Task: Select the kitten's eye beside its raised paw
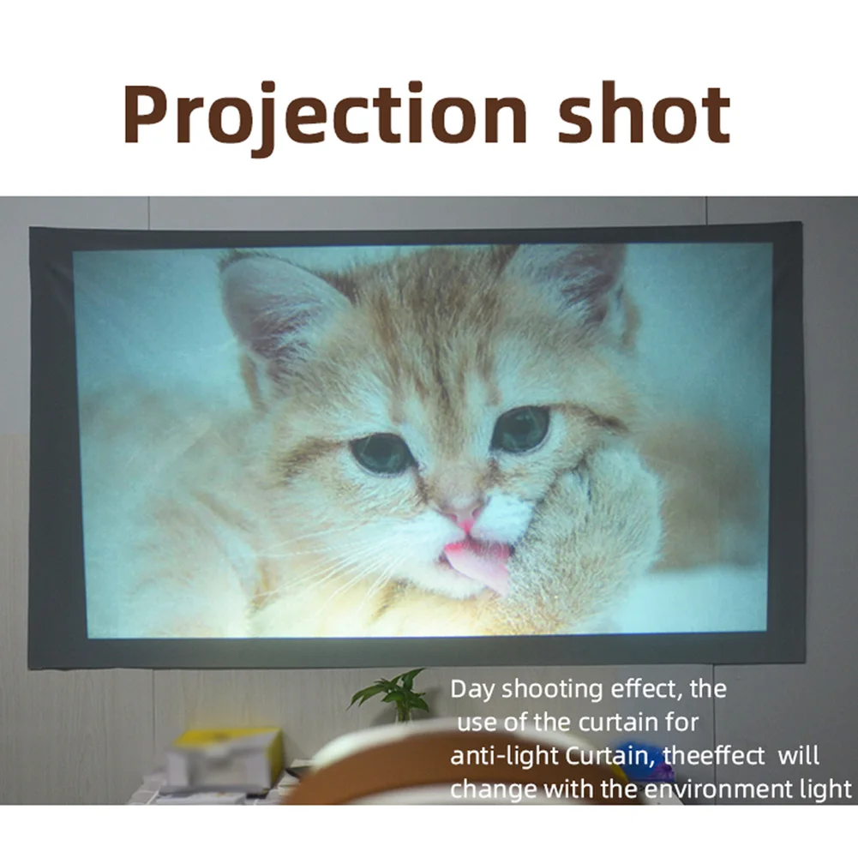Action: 521,429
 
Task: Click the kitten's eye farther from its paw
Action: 382,453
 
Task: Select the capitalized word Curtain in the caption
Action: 608,756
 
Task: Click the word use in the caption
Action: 477,723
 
